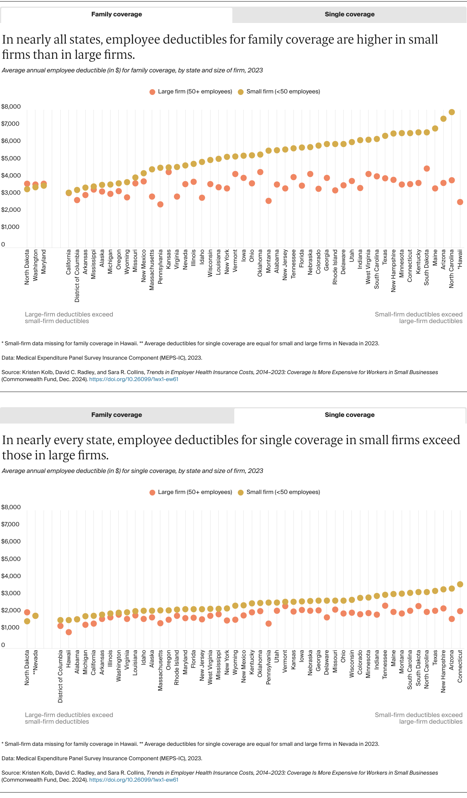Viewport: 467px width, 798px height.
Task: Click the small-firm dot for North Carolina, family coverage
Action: coord(451,112)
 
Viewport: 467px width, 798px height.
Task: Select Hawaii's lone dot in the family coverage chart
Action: coord(460,202)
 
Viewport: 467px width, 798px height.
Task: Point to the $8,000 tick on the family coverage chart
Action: coord(11,107)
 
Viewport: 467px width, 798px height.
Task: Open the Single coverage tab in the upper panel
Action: coord(349,14)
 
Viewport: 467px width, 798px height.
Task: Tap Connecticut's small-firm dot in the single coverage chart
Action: coord(460,584)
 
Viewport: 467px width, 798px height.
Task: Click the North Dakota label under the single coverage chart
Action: coord(27,668)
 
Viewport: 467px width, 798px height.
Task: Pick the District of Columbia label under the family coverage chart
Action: coord(77,276)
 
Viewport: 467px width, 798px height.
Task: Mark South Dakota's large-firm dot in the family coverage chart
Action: coord(427,169)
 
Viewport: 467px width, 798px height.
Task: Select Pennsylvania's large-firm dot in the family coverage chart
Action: coord(160,204)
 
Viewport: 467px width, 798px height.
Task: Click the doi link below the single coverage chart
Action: coord(133,780)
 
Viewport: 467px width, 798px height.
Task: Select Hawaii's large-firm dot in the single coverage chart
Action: coord(69,632)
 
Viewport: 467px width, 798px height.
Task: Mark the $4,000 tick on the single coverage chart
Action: coord(11,576)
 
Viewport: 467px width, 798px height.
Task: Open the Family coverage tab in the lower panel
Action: coord(116,415)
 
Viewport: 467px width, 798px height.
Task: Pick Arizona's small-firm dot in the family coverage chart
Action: coord(443,119)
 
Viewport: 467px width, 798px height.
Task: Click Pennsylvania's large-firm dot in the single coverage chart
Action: coord(269,624)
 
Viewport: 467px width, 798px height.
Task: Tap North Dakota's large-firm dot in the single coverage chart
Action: coord(27,612)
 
